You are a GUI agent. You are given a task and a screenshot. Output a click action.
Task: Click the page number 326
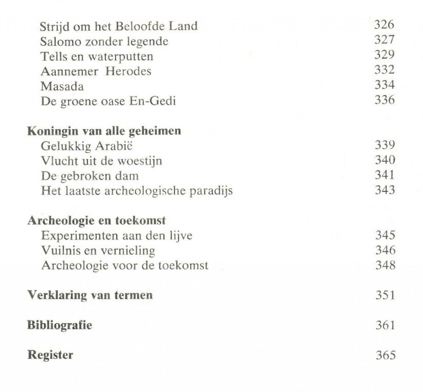pos(384,25)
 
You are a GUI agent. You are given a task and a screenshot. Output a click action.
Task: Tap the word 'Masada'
pos(62,86)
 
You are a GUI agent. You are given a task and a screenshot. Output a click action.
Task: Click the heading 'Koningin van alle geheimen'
pos(104,131)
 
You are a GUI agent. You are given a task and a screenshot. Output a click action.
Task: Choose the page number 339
pos(385,145)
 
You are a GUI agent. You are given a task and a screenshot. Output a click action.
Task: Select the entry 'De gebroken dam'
pos(90,175)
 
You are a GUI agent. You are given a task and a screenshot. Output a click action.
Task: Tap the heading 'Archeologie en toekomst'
pos(96,220)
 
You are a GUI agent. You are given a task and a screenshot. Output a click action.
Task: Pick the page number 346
pos(385,250)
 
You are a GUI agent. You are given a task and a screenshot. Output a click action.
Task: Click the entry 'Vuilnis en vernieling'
pos(98,250)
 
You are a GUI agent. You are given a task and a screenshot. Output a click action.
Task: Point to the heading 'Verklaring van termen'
pos(90,295)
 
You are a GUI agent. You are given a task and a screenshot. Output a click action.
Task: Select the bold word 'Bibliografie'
pos(59,325)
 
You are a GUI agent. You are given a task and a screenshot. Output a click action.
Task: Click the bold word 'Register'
pos(50,355)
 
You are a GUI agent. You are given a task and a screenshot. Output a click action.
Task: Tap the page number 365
pos(385,355)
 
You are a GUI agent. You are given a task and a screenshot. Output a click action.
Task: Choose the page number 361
pos(385,325)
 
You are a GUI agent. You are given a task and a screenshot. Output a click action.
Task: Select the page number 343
pos(385,190)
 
